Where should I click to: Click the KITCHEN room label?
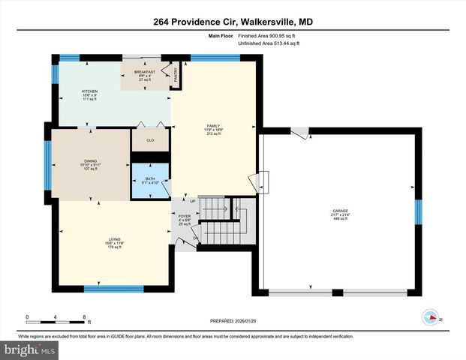(90, 91)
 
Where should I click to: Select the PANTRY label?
(177, 74)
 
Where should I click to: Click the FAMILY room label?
(213, 126)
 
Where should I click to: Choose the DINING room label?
(90, 161)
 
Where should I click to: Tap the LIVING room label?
(114, 240)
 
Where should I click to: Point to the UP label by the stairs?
(192, 201)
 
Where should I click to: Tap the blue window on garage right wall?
(419, 211)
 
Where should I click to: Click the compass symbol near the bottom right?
(431, 317)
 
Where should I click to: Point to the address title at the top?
(233, 22)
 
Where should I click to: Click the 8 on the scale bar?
(84, 316)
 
